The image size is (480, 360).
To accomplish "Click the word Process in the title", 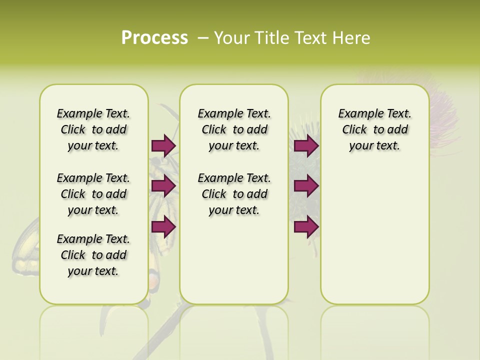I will (154, 38).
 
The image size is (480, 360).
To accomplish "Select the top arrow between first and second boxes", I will (163, 145).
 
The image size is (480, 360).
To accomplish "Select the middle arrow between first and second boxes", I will (163, 186).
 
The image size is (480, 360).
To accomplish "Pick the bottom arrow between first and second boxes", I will (163, 227).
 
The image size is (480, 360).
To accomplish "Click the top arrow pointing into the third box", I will (306, 145).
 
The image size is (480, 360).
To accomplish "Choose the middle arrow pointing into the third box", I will (306, 186).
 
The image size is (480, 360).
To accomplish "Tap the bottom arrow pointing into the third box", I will (306, 227).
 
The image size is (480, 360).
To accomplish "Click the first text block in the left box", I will (93, 129).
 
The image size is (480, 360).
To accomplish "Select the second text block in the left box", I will (93, 194).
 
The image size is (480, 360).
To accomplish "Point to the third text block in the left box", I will (93, 255).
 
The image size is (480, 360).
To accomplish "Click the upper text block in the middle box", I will (234, 129).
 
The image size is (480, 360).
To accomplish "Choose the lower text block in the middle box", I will (234, 194).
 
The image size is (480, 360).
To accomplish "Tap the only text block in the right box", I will (374, 129).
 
